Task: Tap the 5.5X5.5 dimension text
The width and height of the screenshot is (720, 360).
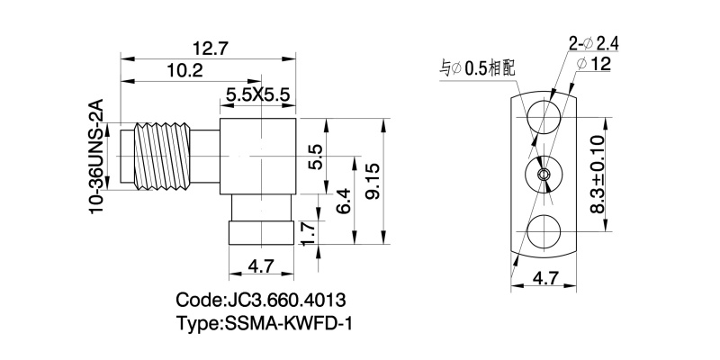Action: coord(259,93)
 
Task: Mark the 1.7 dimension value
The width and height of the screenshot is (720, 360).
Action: coord(310,234)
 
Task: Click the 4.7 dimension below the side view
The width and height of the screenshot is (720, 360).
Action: coord(260,266)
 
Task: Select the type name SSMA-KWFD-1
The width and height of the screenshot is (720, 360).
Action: coord(263,322)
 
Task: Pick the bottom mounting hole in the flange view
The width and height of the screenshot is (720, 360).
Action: coord(544,232)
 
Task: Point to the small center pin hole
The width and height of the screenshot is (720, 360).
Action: coord(544,174)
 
